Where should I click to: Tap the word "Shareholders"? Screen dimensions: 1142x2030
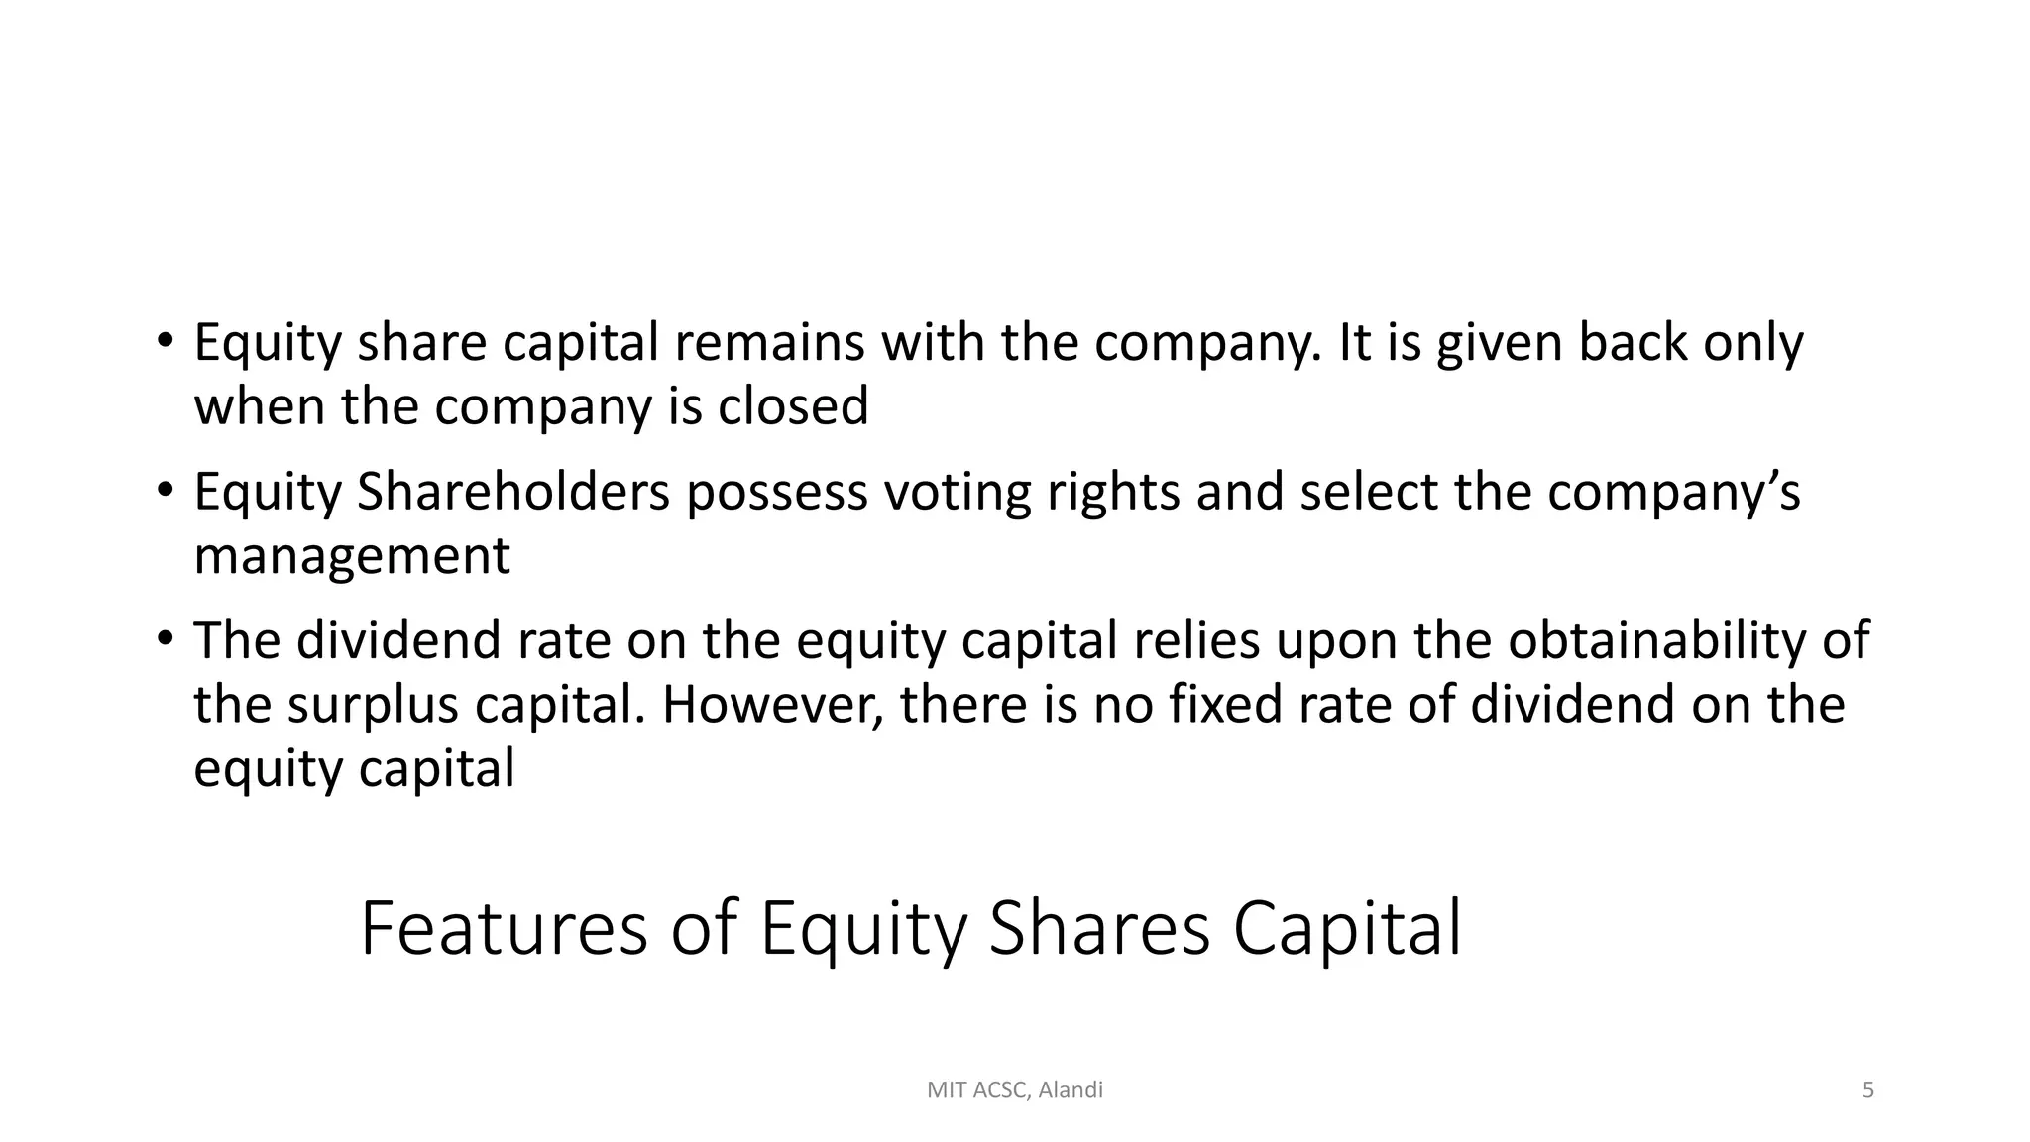pyautogui.click(x=513, y=492)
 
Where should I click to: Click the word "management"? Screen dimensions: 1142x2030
pyautogui.click(x=352, y=555)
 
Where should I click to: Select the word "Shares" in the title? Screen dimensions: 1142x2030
pyautogui.click(x=1099, y=928)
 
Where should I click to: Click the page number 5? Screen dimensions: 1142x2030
pyautogui.click(x=1868, y=1090)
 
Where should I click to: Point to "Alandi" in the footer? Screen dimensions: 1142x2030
pyautogui.click(x=1071, y=1090)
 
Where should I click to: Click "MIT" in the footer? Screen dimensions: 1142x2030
pyautogui.click(x=945, y=1090)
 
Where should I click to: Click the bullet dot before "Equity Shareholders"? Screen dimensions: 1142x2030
pyautogui.click(x=165, y=489)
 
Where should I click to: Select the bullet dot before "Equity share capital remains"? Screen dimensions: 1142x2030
pyautogui.click(x=165, y=340)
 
